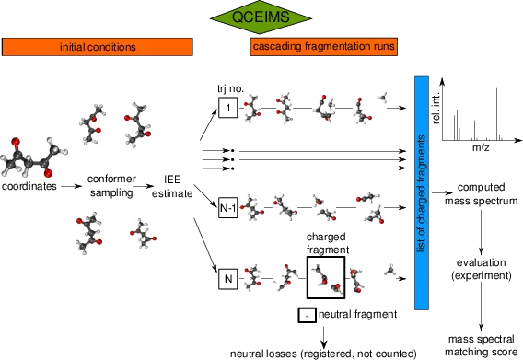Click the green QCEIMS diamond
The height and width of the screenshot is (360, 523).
(x=261, y=17)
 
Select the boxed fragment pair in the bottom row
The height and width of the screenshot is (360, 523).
(x=329, y=277)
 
